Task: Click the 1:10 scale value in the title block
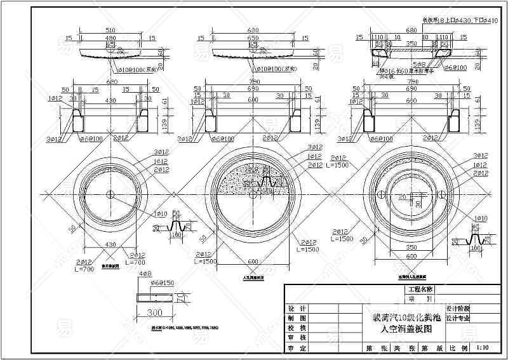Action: [x=482, y=348]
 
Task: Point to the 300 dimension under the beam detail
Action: [x=155, y=313]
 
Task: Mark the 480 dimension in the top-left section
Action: [x=110, y=37]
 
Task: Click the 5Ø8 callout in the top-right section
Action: [x=420, y=64]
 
